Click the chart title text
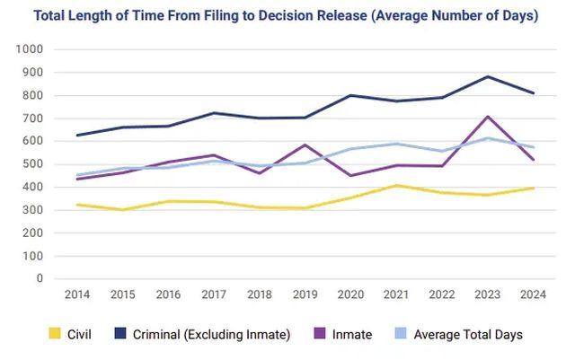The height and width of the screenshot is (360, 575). (x=286, y=16)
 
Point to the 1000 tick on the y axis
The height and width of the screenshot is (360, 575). (x=30, y=49)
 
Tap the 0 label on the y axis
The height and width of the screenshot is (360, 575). (x=40, y=278)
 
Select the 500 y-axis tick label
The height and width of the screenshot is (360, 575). (x=32, y=164)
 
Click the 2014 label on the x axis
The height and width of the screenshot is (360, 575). (x=77, y=294)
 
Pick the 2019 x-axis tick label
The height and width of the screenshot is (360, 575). (x=305, y=294)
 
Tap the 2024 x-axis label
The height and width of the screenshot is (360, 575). (x=533, y=294)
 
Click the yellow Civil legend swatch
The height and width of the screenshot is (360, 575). (x=55, y=333)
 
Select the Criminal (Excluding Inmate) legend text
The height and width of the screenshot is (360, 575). (x=212, y=334)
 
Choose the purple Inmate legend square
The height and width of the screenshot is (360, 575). (x=320, y=333)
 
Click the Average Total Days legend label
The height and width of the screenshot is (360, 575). (x=468, y=334)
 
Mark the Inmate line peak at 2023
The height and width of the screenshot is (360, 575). (x=488, y=117)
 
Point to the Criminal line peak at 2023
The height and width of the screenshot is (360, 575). (x=488, y=76)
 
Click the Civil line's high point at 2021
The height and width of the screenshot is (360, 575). (x=396, y=186)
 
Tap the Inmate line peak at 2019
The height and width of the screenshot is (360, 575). (x=305, y=145)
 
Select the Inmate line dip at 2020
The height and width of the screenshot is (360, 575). (x=351, y=176)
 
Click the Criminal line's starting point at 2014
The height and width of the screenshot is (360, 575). (x=77, y=136)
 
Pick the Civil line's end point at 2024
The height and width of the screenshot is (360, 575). (x=533, y=189)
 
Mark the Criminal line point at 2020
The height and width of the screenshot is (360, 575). (x=351, y=96)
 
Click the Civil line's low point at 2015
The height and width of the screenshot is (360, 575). (x=123, y=210)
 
